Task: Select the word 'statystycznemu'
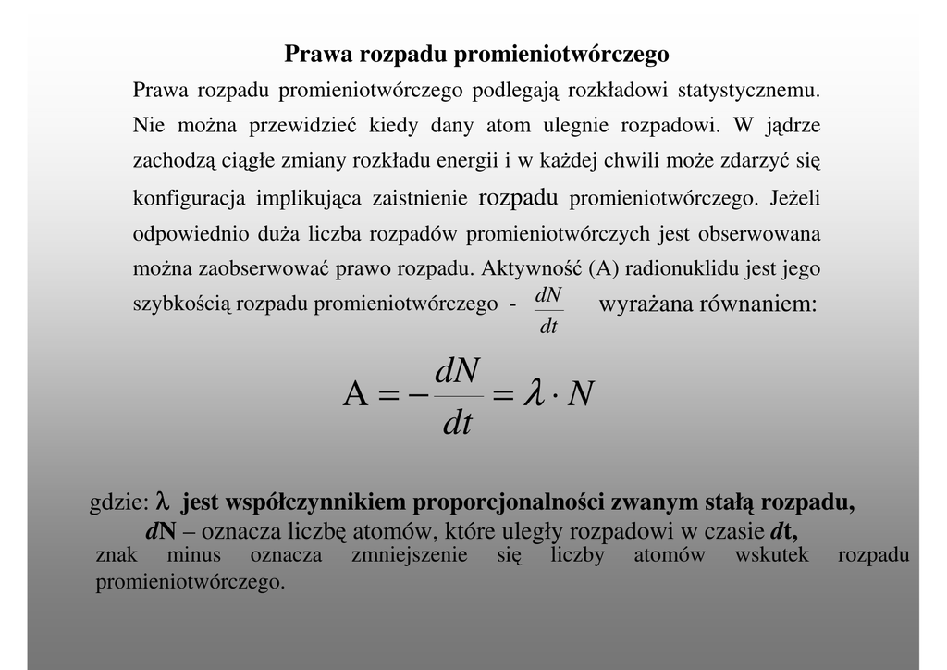(749, 91)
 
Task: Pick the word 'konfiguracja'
(190, 198)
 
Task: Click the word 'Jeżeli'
(794, 198)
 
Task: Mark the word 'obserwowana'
(758, 233)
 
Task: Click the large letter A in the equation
(357, 395)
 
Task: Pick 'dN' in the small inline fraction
(548, 295)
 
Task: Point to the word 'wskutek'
(771, 555)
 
